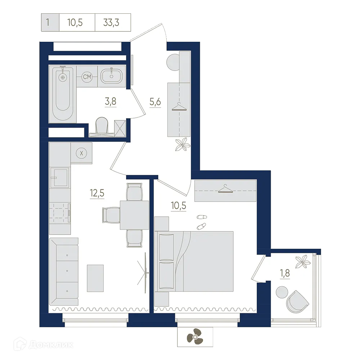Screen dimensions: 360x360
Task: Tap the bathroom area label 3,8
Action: tap(110, 102)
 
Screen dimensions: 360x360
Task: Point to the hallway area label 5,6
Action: tap(155, 102)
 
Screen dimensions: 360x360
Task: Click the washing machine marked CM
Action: tap(87, 77)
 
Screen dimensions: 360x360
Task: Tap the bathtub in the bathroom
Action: tap(63, 94)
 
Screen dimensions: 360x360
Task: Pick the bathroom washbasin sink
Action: tap(112, 76)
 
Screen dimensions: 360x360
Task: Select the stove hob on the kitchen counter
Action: tap(59, 213)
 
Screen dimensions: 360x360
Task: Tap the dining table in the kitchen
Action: tap(134, 215)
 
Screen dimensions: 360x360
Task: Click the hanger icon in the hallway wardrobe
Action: tap(179, 107)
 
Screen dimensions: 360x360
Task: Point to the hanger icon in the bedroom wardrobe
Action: tap(225, 189)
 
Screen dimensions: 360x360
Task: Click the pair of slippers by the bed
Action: tap(201, 221)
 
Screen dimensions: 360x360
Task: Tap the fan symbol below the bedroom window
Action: tap(195, 337)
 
